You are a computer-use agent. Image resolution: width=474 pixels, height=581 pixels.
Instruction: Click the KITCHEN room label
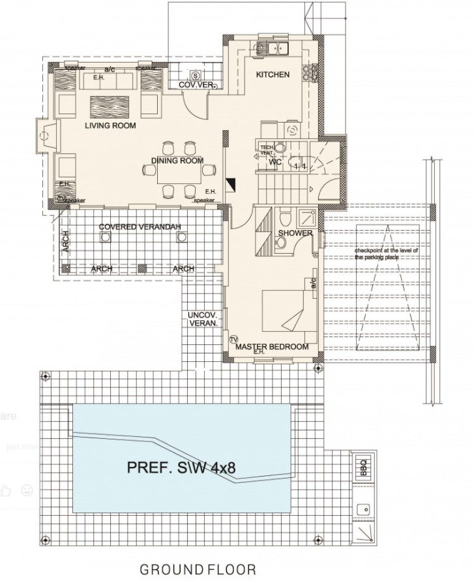tap(272, 75)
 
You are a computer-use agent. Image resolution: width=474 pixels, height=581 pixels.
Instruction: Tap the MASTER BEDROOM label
tap(271, 348)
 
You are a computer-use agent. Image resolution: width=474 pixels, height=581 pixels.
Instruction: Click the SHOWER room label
tap(295, 233)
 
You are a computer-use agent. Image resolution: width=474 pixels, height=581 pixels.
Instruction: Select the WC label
tap(275, 161)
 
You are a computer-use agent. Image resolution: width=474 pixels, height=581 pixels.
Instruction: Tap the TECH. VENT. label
tap(267, 149)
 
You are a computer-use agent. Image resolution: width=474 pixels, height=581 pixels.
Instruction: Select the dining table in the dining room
tap(173, 171)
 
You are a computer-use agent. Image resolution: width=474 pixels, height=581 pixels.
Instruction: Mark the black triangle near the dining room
tap(229, 184)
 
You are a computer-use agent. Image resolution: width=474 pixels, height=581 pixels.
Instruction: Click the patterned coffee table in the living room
tap(109, 105)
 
